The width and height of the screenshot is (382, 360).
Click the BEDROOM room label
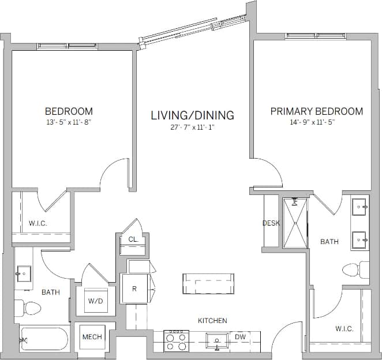pyautogui.click(x=69, y=111)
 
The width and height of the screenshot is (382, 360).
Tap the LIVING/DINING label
pyautogui.click(x=192, y=115)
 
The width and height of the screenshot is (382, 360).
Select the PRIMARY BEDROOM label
pyautogui.click(x=316, y=111)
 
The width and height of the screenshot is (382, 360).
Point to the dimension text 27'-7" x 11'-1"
pyautogui.click(x=192, y=127)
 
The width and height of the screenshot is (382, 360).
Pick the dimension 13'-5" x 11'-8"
pyautogui.click(x=69, y=122)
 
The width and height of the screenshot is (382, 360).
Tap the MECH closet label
pyautogui.click(x=92, y=337)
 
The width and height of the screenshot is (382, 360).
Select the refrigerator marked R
pyautogui.click(x=134, y=289)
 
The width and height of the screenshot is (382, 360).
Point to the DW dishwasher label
pyautogui.click(x=239, y=336)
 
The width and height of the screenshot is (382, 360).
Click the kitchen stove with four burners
pyautogui.click(x=175, y=340)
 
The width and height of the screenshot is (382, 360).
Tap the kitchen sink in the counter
pyautogui.click(x=218, y=340)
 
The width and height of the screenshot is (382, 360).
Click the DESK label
pyautogui.click(x=271, y=223)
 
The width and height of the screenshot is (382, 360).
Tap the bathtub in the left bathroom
pyautogui.click(x=44, y=340)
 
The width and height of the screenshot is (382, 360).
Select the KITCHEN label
pyautogui.click(x=212, y=321)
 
